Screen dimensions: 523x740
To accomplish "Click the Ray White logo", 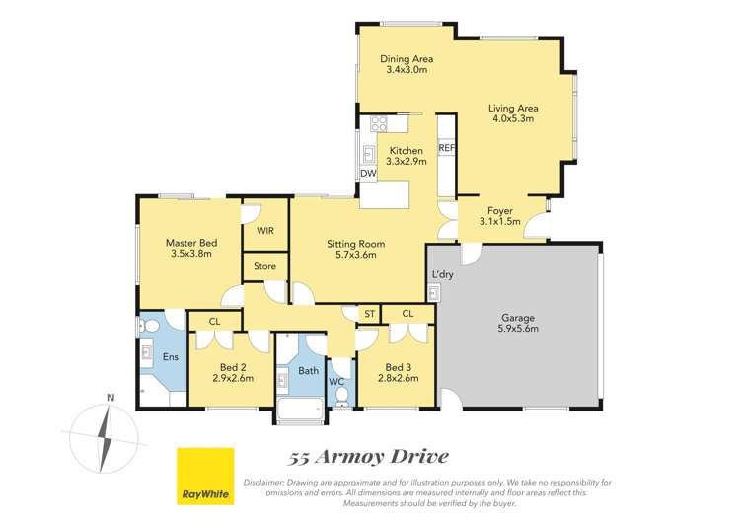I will pyautogui.click(x=205, y=477).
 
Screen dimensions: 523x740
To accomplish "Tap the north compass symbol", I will pyautogui.click(x=104, y=434).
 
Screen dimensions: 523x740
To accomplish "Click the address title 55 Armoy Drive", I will pyautogui.click(x=369, y=456).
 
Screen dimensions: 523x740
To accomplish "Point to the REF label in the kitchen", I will pyautogui.click(x=446, y=148).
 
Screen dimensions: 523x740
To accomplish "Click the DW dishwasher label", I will pyautogui.click(x=368, y=174).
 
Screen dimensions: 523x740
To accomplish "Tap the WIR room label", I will pyautogui.click(x=265, y=231).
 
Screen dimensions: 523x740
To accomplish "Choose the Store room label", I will pyautogui.click(x=264, y=266).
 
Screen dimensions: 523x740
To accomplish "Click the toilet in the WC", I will pyautogui.click(x=341, y=396).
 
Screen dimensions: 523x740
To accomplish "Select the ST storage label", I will pyautogui.click(x=369, y=314).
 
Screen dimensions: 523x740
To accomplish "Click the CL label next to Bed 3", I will pyautogui.click(x=407, y=314).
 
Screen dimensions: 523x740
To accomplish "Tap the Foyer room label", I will pyautogui.click(x=500, y=210).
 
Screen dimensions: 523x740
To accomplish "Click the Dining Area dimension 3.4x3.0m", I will pyautogui.click(x=407, y=71).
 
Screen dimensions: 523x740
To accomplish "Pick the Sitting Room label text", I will pyautogui.click(x=355, y=244).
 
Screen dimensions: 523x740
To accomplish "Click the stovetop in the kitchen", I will pyautogui.click(x=378, y=123).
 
